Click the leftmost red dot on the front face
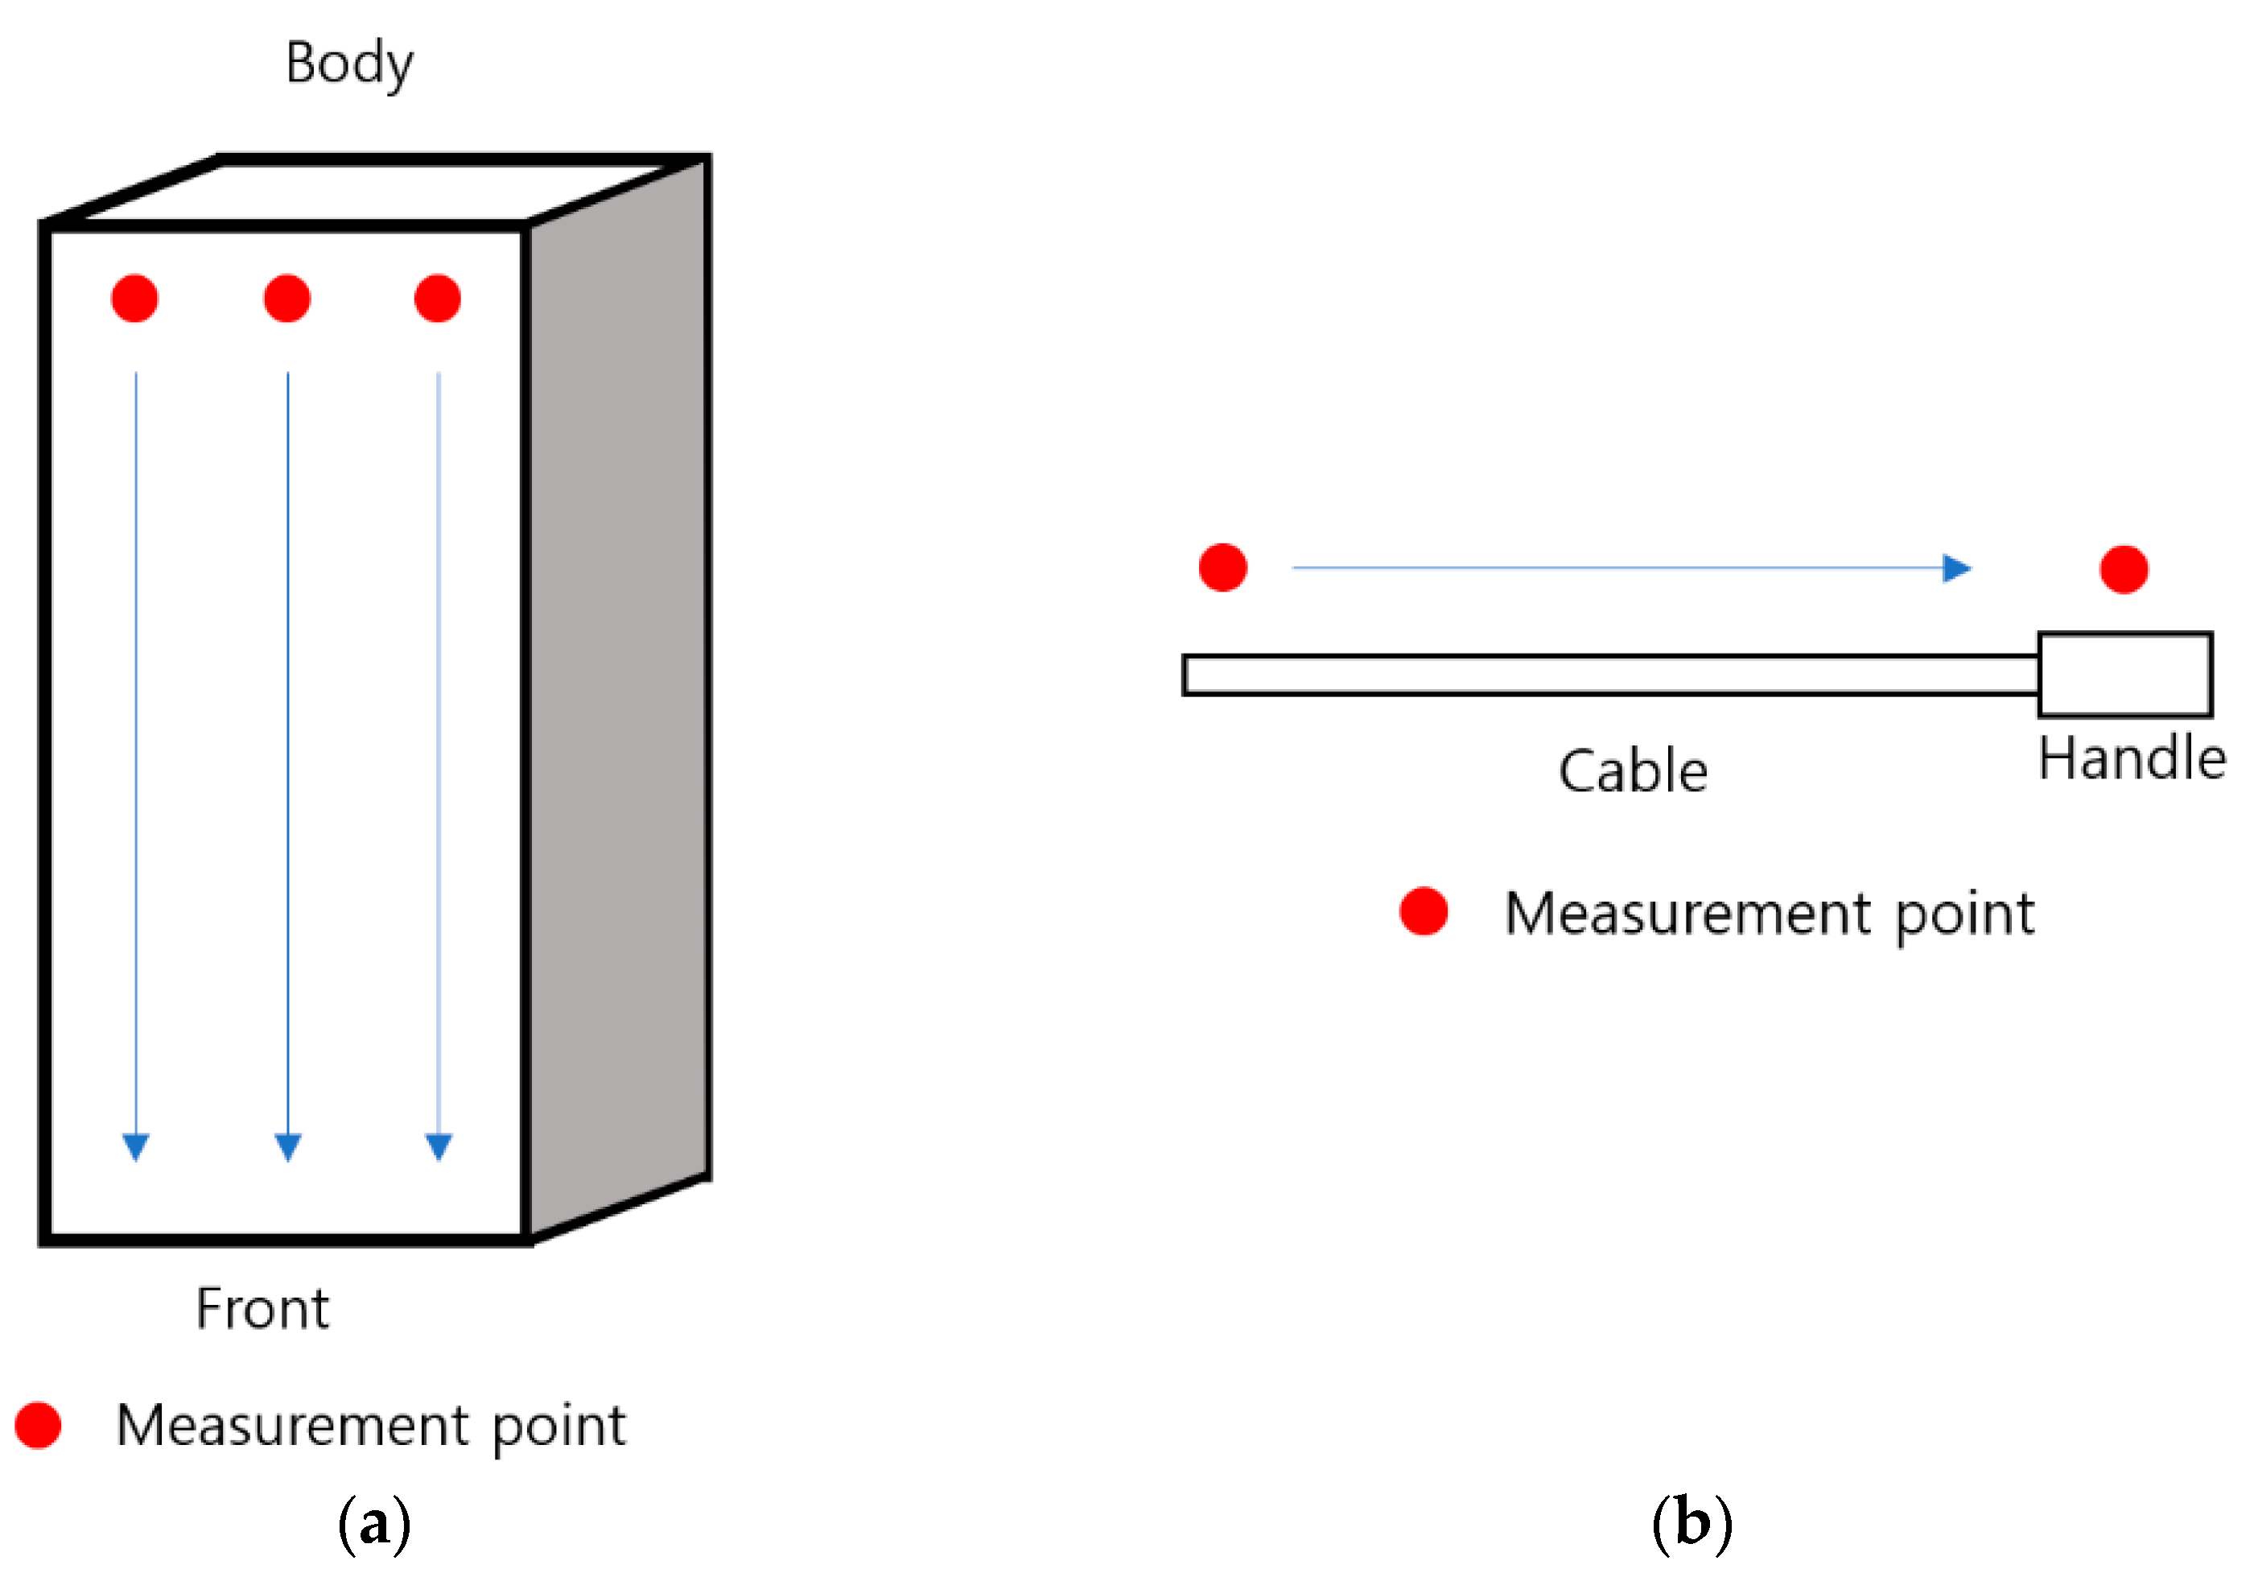click(x=134, y=299)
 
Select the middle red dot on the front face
click(x=286, y=299)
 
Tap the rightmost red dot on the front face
click(x=438, y=299)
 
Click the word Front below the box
click(x=262, y=1309)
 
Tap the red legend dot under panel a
click(x=39, y=1425)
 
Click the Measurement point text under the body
click(x=370, y=1426)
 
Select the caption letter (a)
click(x=373, y=1524)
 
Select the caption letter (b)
click(x=1692, y=1524)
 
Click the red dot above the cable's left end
click(x=1222, y=568)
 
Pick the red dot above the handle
click(x=2124, y=569)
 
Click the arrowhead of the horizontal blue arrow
click(x=1959, y=568)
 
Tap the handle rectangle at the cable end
click(x=2124, y=675)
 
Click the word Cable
click(x=1633, y=772)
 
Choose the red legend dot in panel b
click(x=1424, y=911)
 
